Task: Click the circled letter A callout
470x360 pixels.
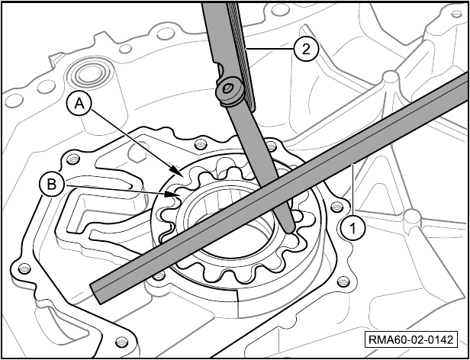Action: click(x=79, y=104)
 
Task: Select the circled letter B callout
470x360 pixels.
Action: click(x=52, y=185)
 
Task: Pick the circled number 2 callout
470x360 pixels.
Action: click(x=305, y=49)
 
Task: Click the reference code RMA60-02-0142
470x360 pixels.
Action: click(x=411, y=340)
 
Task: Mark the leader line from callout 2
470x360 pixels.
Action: click(x=269, y=49)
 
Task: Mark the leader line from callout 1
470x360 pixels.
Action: click(x=353, y=190)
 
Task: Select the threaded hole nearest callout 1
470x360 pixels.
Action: click(x=337, y=207)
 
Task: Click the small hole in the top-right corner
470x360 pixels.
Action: click(x=456, y=14)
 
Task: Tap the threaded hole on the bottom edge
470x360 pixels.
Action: click(x=122, y=342)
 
